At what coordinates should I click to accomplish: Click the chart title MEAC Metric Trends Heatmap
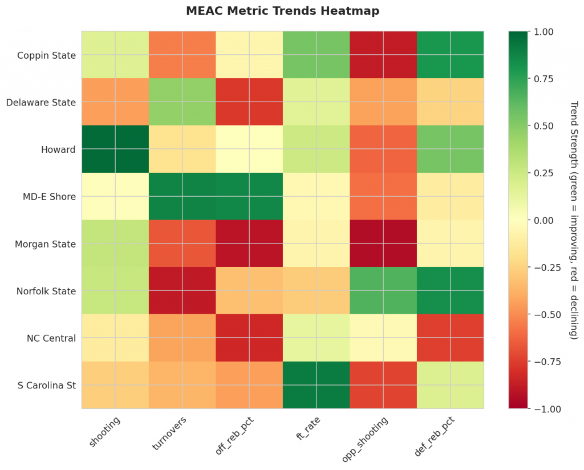click(x=282, y=11)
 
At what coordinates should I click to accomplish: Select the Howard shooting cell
click(x=115, y=149)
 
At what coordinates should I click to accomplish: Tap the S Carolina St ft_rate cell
click(x=317, y=385)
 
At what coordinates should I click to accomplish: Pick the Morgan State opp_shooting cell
click(x=383, y=244)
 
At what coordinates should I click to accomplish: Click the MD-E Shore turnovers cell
click(x=182, y=197)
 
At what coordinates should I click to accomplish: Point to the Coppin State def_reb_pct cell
click(x=451, y=55)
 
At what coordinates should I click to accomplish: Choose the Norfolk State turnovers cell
click(x=182, y=291)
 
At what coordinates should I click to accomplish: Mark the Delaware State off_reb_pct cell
click(x=249, y=103)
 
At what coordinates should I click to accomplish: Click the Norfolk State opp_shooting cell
click(x=383, y=291)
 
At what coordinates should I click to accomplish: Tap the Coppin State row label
click(x=46, y=55)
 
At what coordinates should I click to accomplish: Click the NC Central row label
click(x=51, y=338)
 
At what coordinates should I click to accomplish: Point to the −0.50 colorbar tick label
click(x=544, y=314)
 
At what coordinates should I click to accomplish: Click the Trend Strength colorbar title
click(x=574, y=220)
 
